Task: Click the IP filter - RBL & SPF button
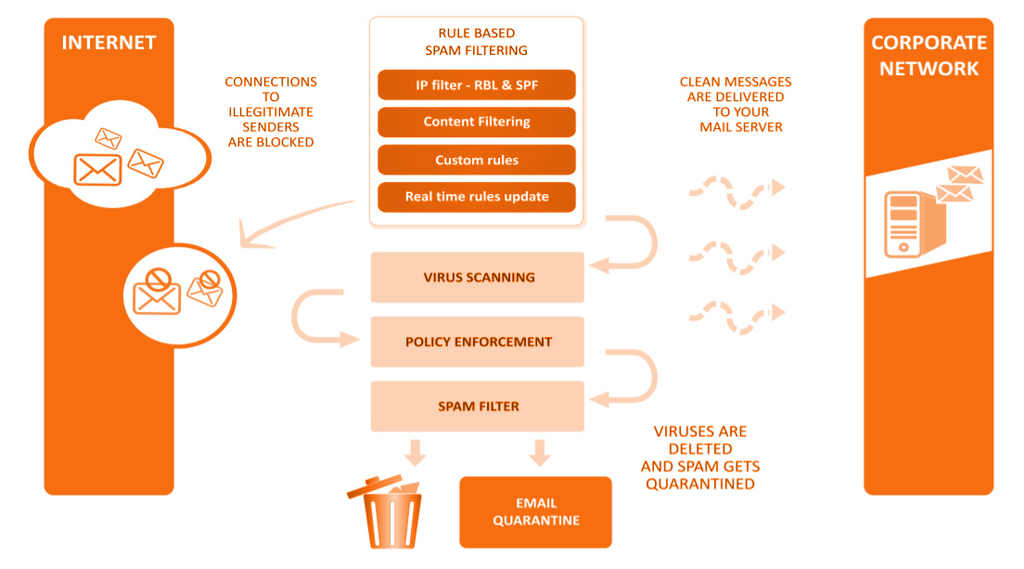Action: [477, 85]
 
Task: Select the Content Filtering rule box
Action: [477, 123]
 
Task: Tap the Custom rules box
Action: [477, 161]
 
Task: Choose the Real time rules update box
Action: [477, 197]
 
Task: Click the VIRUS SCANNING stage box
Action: [477, 277]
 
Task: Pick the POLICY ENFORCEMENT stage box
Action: [477, 342]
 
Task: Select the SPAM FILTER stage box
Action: [477, 407]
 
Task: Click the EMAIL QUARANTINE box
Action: [535, 512]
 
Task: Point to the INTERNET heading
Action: [109, 43]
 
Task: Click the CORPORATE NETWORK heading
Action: [928, 56]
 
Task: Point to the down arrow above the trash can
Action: [416, 453]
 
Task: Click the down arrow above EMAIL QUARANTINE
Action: [539, 453]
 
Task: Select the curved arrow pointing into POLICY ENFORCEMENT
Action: [319, 320]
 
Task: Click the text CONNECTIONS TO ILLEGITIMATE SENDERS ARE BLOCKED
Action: [271, 112]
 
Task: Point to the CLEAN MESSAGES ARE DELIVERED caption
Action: [736, 104]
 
